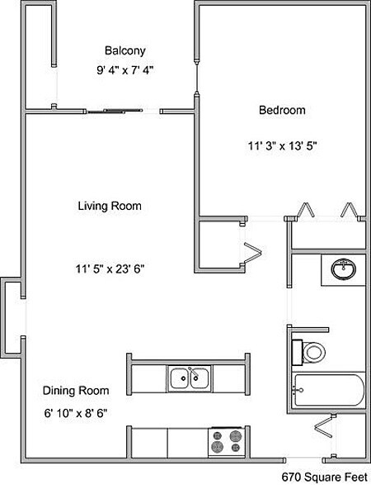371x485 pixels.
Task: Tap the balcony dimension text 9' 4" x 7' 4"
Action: point(125,71)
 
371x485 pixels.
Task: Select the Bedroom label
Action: point(282,110)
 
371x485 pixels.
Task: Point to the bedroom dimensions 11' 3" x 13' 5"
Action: point(282,145)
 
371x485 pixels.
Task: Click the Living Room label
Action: point(110,206)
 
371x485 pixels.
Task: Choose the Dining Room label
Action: point(76,389)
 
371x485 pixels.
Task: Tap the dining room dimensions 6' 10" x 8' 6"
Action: point(76,411)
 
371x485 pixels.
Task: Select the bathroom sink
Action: point(343,269)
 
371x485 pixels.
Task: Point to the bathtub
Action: point(327,392)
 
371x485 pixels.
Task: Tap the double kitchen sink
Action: point(190,378)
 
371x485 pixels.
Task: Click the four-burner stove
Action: point(228,440)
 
